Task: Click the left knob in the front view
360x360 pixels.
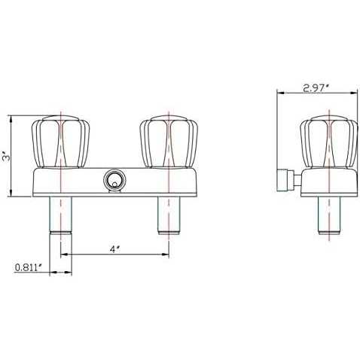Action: click(60, 142)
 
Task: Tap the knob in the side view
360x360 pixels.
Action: click(328, 142)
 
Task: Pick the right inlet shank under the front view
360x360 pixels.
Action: click(169, 211)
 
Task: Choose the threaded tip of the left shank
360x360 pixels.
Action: click(60, 230)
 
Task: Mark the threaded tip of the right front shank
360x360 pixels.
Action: click(169, 226)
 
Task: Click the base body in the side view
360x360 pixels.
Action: click(328, 183)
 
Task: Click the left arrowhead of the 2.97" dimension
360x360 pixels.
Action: click(281, 94)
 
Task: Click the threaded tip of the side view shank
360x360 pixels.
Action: click(328, 230)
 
